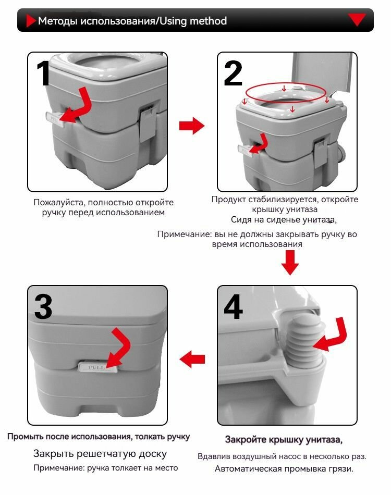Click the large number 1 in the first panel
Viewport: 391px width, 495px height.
pyautogui.click(x=43, y=74)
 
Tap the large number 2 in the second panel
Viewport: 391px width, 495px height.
pyautogui.click(x=233, y=74)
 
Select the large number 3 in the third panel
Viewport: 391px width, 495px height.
pyautogui.click(x=43, y=307)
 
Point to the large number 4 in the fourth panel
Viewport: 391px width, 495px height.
pyautogui.click(x=233, y=307)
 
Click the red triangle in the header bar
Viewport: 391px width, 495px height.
pyautogui.click(x=357, y=20)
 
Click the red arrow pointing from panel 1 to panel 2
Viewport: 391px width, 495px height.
pyautogui.click(x=191, y=126)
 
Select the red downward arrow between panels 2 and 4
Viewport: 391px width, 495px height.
pyautogui.click(x=290, y=262)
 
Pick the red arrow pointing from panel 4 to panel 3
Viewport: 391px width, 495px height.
pyautogui.click(x=192, y=358)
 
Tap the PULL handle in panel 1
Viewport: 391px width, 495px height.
pyautogui.click(x=53, y=118)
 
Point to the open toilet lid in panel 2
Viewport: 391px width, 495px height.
pyautogui.click(x=324, y=73)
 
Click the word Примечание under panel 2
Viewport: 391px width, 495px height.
pyautogui.click(x=184, y=234)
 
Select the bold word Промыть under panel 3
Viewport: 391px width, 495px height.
pyautogui.click(x=24, y=437)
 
